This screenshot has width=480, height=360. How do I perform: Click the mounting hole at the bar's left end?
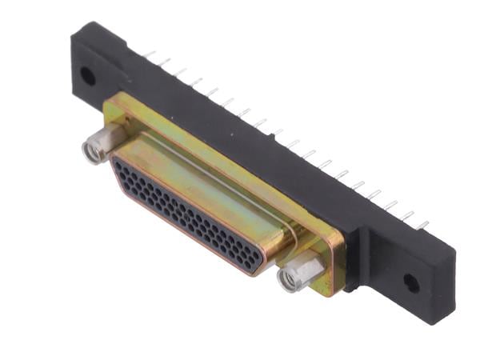click(x=87, y=77)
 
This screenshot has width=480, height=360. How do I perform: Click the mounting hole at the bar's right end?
click(x=410, y=282)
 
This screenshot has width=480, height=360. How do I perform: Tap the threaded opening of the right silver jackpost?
click(x=288, y=279)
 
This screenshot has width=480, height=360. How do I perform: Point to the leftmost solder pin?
click(x=149, y=54)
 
